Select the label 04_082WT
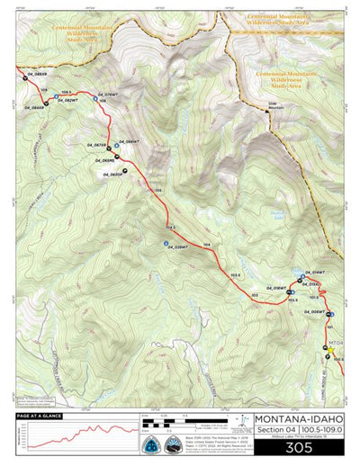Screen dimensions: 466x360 tap(68, 100)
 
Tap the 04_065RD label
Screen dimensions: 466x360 tap(100, 159)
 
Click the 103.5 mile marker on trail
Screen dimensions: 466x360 tap(237, 274)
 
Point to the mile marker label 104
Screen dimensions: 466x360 tap(207, 245)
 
